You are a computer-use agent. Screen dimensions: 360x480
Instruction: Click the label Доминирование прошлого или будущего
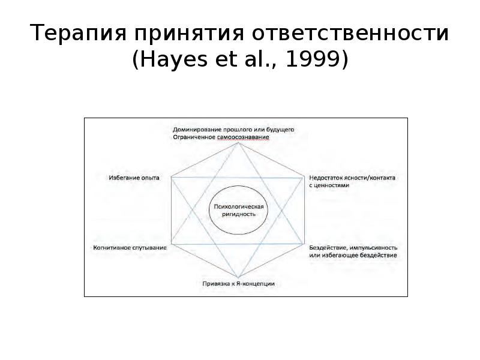pyautogui.click(x=233, y=129)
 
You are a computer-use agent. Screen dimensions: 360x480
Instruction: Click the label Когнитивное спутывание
pyautogui.click(x=129, y=247)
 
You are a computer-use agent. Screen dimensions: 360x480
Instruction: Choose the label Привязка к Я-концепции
pyautogui.click(x=238, y=283)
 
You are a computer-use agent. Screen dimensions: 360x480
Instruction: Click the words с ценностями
pyautogui.click(x=329, y=185)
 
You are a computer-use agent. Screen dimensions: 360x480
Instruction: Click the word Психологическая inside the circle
pyautogui.click(x=239, y=207)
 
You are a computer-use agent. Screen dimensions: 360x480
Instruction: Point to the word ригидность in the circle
pyautogui.click(x=239, y=214)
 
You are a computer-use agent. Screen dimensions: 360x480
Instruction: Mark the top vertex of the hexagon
pyautogui.click(x=238, y=142)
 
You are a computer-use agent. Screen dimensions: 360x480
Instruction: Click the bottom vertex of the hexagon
pyautogui.click(x=238, y=277)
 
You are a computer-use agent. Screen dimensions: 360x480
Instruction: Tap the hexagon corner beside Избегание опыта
pyautogui.click(x=172, y=178)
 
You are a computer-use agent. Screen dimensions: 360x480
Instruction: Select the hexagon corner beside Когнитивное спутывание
pyautogui.click(x=172, y=245)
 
